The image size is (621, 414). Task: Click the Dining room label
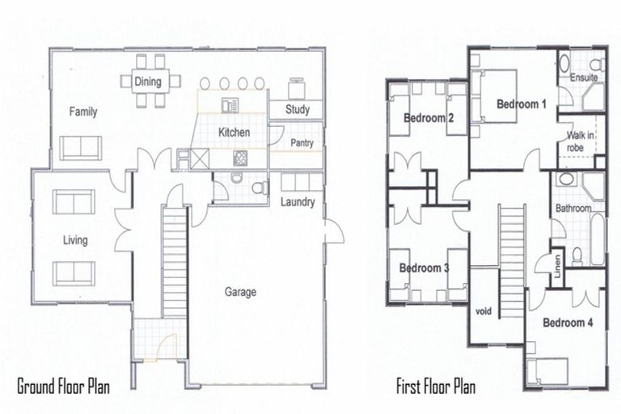pyautogui.click(x=147, y=82)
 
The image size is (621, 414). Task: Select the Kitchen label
pyautogui.click(x=234, y=132)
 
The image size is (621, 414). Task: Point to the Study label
pyautogui.click(x=298, y=110)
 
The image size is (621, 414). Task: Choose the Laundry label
pyautogui.click(x=298, y=202)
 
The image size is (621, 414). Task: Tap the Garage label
pyautogui.click(x=241, y=292)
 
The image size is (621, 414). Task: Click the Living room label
pyautogui.click(x=74, y=240)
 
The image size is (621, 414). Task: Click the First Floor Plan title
pyautogui.click(x=435, y=386)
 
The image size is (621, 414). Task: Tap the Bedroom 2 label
pyautogui.click(x=428, y=119)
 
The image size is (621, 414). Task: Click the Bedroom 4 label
pyautogui.click(x=568, y=323)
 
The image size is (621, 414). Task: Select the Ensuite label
pyautogui.click(x=583, y=78)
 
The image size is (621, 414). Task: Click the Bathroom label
pyautogui.click(x=572, y=209)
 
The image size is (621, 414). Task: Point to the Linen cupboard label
pyautogui.click(x=558, y=264)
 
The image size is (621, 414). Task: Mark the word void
pyautogui.click(x=484, y=310)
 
